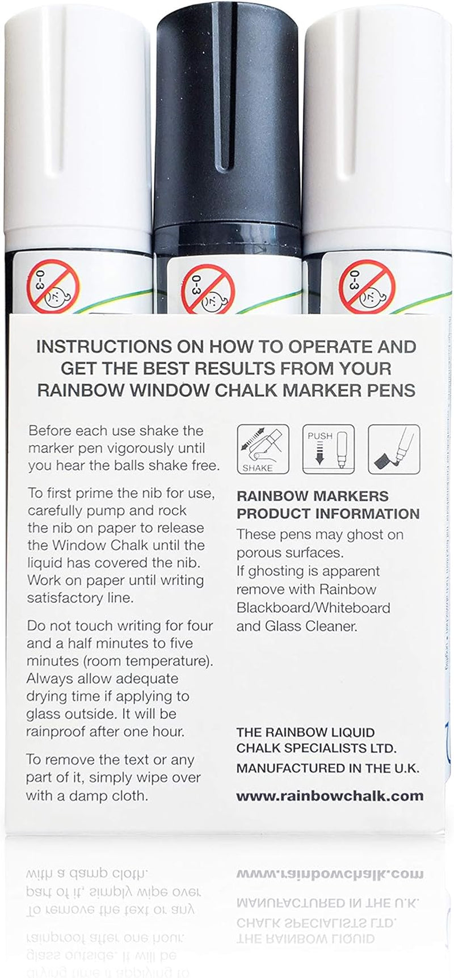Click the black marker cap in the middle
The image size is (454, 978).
(227, 113)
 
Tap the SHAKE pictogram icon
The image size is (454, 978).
(263, 449)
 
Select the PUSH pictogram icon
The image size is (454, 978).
(328, 449)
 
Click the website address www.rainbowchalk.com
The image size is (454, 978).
(330, 795)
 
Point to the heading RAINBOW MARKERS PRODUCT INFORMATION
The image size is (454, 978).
(327, 505)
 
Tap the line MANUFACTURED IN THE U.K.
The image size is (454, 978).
(327, 768)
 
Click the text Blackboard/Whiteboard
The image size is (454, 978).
(313, 608)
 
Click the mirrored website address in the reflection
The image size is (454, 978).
(330, 875)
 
